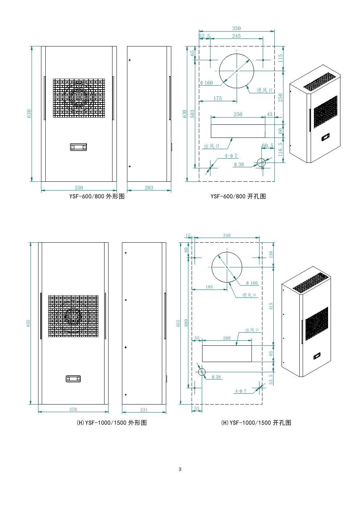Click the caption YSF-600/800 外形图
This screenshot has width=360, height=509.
(x=97, y=196)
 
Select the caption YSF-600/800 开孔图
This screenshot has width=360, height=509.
(x=238, y=196)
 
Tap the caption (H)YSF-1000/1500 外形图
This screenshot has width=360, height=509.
(x=111, y=423)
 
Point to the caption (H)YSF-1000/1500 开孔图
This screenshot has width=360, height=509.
(x=256, y=423)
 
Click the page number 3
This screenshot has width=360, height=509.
(x=180, y=469)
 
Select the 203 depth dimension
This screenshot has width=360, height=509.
(x=149, y=188)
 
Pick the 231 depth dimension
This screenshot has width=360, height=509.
(x=144, y=410)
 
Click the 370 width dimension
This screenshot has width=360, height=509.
(x=73, y=410)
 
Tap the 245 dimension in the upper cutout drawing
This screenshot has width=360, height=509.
(x=236, y=36)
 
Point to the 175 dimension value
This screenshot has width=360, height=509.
(x=217, y=98)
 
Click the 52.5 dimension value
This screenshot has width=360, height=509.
(x=205, y=36)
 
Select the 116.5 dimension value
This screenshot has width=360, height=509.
(x=281, y=149)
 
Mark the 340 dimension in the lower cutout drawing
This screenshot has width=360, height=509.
(x=226, y=235)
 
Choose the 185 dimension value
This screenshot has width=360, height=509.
(x=209, y=287)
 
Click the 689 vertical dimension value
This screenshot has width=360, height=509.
(x=186, y=323)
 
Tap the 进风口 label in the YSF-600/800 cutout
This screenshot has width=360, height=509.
(x=265, y=90)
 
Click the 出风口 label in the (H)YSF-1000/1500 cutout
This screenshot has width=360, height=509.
(x=252, y=330)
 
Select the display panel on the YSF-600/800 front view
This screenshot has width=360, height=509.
(x=78, y=147)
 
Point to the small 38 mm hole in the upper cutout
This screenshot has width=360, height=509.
(x=261, y=163)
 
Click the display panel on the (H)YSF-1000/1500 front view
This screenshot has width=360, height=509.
(x=73, y=379)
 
